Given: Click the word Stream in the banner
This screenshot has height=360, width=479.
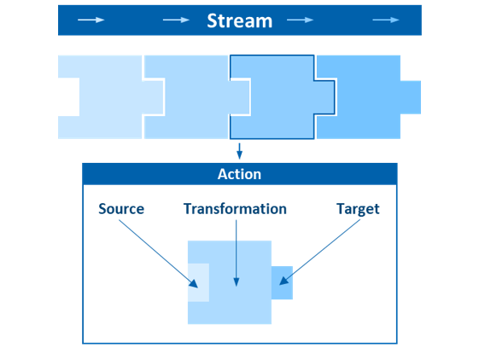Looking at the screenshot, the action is (239, 20).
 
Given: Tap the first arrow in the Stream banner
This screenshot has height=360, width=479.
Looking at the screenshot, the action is (91, 20).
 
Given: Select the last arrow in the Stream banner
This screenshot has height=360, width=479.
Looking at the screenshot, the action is (386, 20).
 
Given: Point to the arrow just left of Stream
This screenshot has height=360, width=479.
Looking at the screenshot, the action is (176, 20).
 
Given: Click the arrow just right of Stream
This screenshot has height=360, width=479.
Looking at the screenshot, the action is (300, 20).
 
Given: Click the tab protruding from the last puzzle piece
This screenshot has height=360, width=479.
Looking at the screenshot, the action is (411, 97).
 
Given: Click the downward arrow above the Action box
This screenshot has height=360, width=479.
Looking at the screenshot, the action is (239, 151).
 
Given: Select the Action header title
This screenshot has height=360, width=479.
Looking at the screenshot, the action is (239, 174).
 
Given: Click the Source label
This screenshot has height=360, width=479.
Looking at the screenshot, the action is (121, 209).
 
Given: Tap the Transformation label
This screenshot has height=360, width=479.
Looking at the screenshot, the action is (235, 209).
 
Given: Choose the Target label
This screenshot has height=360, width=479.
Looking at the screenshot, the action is (358, 210).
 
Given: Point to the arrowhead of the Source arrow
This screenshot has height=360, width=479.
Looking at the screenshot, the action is (194, 284).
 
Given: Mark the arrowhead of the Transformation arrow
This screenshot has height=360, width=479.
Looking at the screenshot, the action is (237, 282).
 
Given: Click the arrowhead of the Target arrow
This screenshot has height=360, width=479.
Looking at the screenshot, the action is (283, 281).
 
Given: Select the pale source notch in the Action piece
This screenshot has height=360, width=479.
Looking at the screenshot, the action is (199, 282).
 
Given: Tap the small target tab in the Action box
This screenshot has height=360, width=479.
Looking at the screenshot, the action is (282, 282).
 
